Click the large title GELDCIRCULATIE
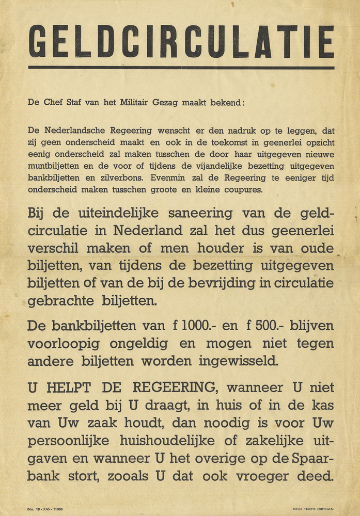[181, 41]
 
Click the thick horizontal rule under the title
[181, 67]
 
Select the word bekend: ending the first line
[227, 102]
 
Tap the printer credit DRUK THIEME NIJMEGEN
[314, 509]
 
